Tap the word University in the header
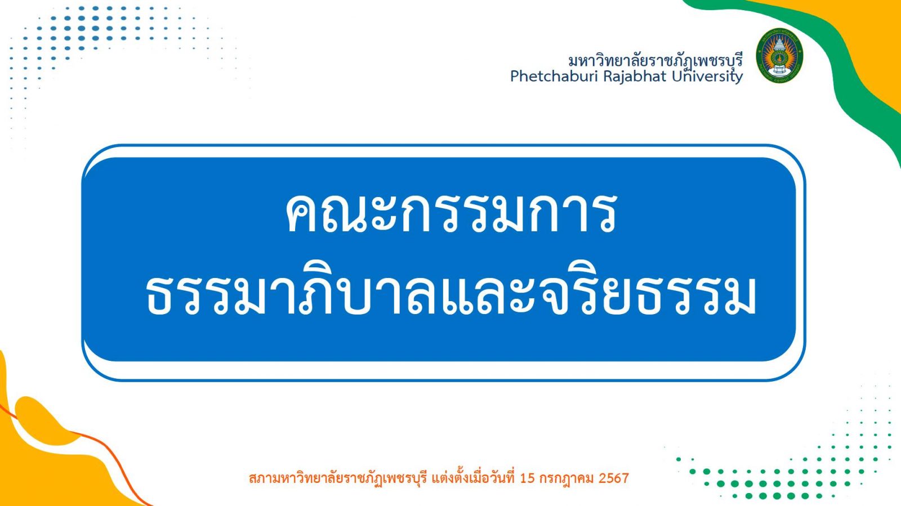[x=707, y=76]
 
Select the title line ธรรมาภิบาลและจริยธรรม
[x=450, y=295]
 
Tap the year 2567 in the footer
[x=614, y=478]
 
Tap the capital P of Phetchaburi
[x=515, y=76]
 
